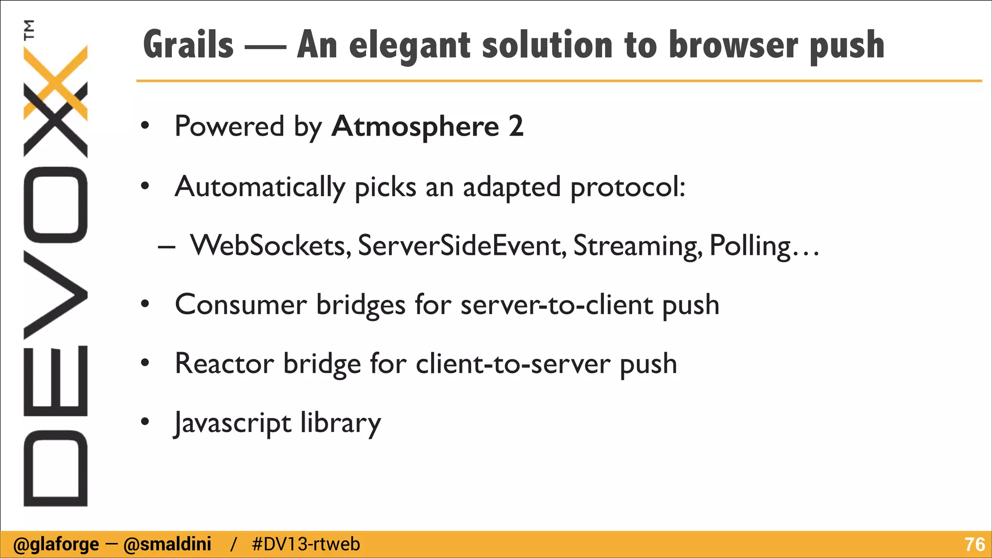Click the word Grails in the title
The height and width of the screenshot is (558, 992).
coord(188,45)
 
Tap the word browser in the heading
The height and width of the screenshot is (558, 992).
coord(733,45)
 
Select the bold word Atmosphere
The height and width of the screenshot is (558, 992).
coord(415,126)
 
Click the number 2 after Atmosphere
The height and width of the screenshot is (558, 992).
coord(516,126)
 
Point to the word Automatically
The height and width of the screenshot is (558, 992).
coord(260,187)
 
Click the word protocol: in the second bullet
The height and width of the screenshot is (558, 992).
coord(628,187)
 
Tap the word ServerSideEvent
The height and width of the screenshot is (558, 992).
coord(462,246)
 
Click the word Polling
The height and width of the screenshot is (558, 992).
coord(750,246)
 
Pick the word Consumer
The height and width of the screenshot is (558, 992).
coord(241,305)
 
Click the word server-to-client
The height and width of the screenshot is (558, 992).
coord(557,305)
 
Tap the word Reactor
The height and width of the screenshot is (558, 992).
coord(224,363)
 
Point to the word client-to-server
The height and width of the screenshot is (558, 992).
coord(512,363)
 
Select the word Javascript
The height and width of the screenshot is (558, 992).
coord(233,423)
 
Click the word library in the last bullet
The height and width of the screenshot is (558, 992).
coord(341,423)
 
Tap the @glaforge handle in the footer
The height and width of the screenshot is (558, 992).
coord(56,544)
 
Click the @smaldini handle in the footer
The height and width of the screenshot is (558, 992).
coord(168,544)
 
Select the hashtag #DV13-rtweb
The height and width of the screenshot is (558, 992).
coord(306,544)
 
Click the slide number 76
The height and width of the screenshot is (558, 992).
coord(975,544)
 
